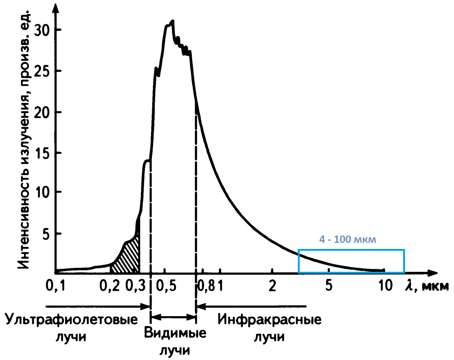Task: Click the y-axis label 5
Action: (45, 234)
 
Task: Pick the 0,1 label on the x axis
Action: (55, 286)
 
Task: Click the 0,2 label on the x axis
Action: (109, 286)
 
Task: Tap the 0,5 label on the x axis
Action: (166, 286)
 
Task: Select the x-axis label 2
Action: (272, 286)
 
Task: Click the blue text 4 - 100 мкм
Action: (348, 240)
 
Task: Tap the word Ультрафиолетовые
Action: (72, 320)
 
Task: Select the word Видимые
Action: (175, 333)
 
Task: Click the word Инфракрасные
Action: (269, 320)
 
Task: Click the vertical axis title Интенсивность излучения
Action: (24, 142)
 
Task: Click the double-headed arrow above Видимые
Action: (173, 317)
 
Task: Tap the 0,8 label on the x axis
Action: (206, 286)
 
